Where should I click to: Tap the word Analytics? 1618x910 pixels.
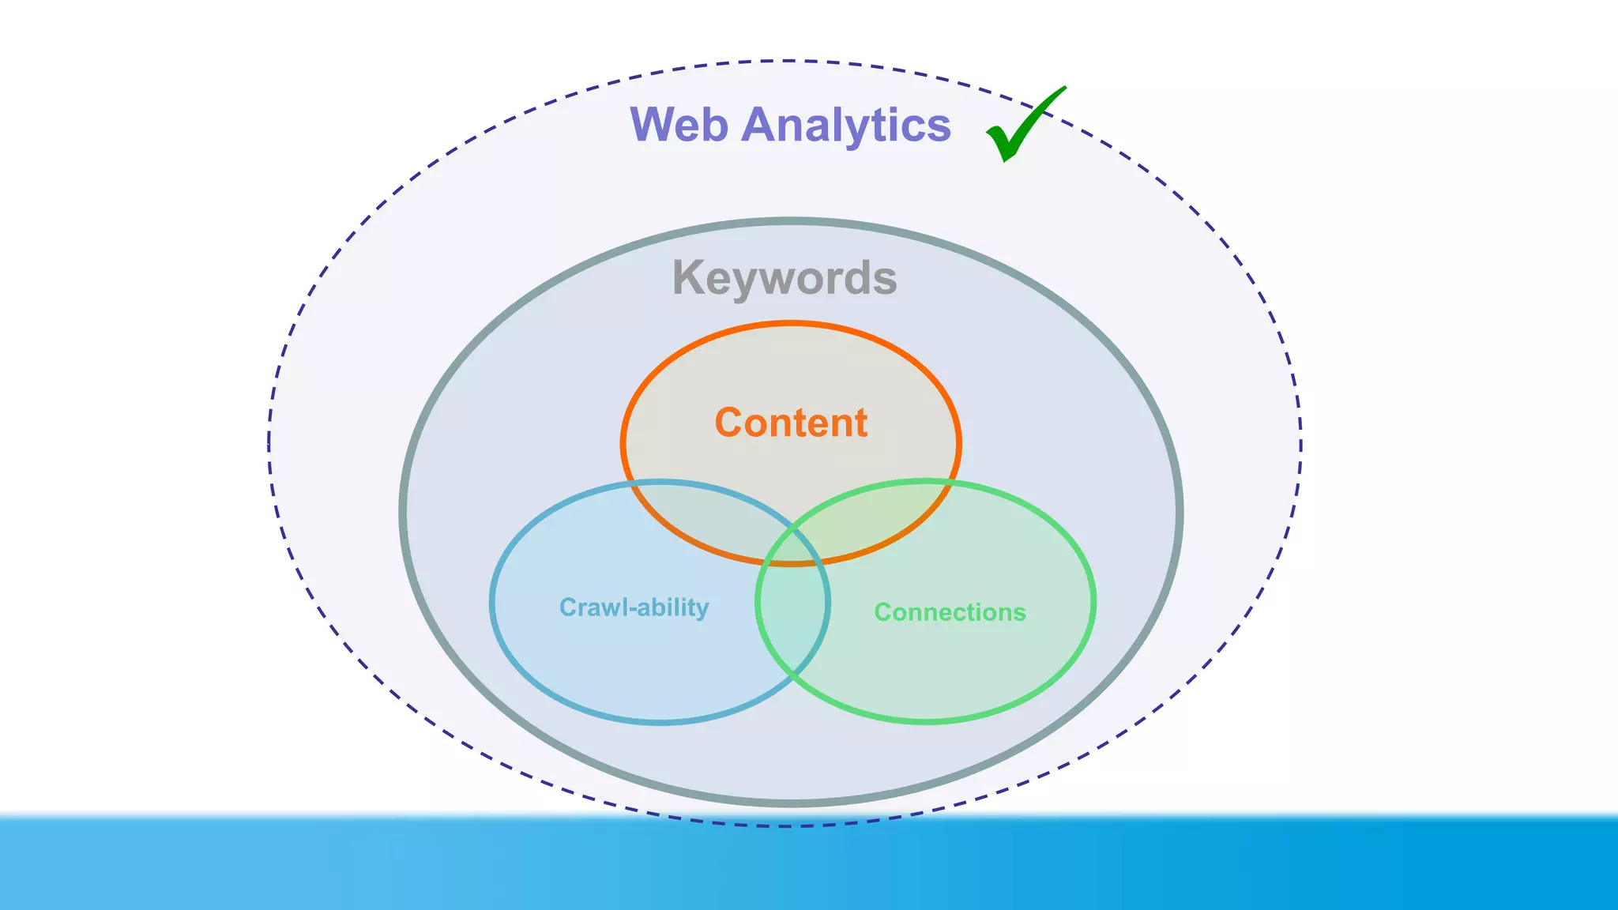(x=845, y=125)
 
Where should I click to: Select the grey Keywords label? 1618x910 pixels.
(x=785, y=278)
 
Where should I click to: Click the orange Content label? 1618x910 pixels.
(x=791, y=423)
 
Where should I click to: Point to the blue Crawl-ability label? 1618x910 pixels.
(x=634, y=607)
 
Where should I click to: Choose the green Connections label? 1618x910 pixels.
(x=950, y=612)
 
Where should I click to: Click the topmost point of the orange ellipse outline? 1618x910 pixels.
(x=791, y=323)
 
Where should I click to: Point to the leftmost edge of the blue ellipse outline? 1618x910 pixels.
(x=491, y=602)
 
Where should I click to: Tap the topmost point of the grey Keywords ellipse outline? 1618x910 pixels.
(x=791, y=221)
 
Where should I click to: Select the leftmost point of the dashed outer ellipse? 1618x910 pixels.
(x=269, y=442)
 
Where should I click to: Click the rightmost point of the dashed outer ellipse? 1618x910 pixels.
(x=1300, y=442)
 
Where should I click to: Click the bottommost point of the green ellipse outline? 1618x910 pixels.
(x=926, y=720)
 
